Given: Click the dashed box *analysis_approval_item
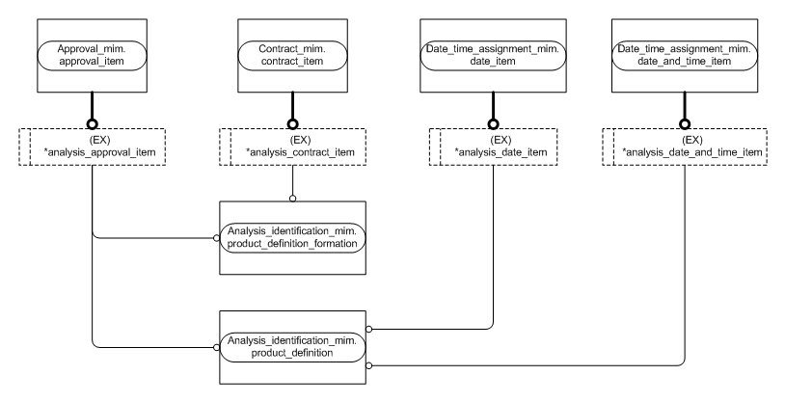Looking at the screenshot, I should click(92, 145).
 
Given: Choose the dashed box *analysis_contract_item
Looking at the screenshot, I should click(292, 145).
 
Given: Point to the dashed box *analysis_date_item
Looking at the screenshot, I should click(493, 145).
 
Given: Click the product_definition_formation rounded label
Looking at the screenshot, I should click(292, 237).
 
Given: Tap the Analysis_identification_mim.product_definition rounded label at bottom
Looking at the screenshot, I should click(292, 346).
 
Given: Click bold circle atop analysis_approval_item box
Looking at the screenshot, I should click(92, 123).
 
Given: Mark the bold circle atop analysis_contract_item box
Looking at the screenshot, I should click(292, 123).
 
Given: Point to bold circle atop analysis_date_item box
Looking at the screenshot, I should click(493, 123).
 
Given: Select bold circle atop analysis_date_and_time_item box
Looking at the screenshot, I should click(684, 123).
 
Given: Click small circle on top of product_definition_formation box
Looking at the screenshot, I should click(292, 199).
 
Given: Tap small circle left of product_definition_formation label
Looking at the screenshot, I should click(216, 237).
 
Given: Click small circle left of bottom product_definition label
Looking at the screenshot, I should click(216, 346).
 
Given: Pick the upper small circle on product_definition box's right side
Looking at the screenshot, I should click(369, 330).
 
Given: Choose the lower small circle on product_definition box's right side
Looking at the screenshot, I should click(369, 365).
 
